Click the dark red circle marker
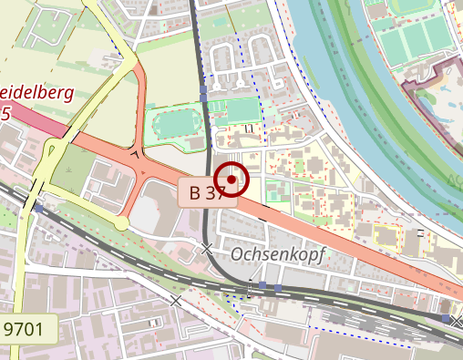click(x=232, y=180)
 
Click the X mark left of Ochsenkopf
click(x=208, y=248)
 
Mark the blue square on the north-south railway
click(x=203, y=97)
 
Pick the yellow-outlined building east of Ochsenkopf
click(x=386, y=236)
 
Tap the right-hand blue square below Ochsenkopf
click(x=278, y=287)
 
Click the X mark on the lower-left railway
click(x=176, y=300)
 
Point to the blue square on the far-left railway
click(x=39, y=210)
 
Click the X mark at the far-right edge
click(x=457, y=321)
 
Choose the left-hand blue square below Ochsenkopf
click(x=262, y=286)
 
